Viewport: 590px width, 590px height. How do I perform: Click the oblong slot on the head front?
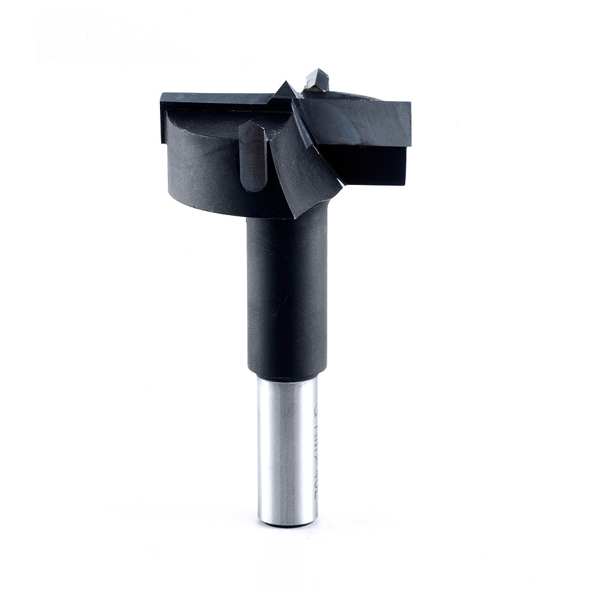pyautogui.click(x=252, y=155)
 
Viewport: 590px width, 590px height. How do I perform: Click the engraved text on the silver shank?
pyautogui.click(x=312, y=452)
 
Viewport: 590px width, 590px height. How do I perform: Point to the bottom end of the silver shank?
pyautogui.click(x=286, y=522)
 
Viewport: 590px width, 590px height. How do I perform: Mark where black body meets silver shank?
pyautogui.click(x=286, y=378)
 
